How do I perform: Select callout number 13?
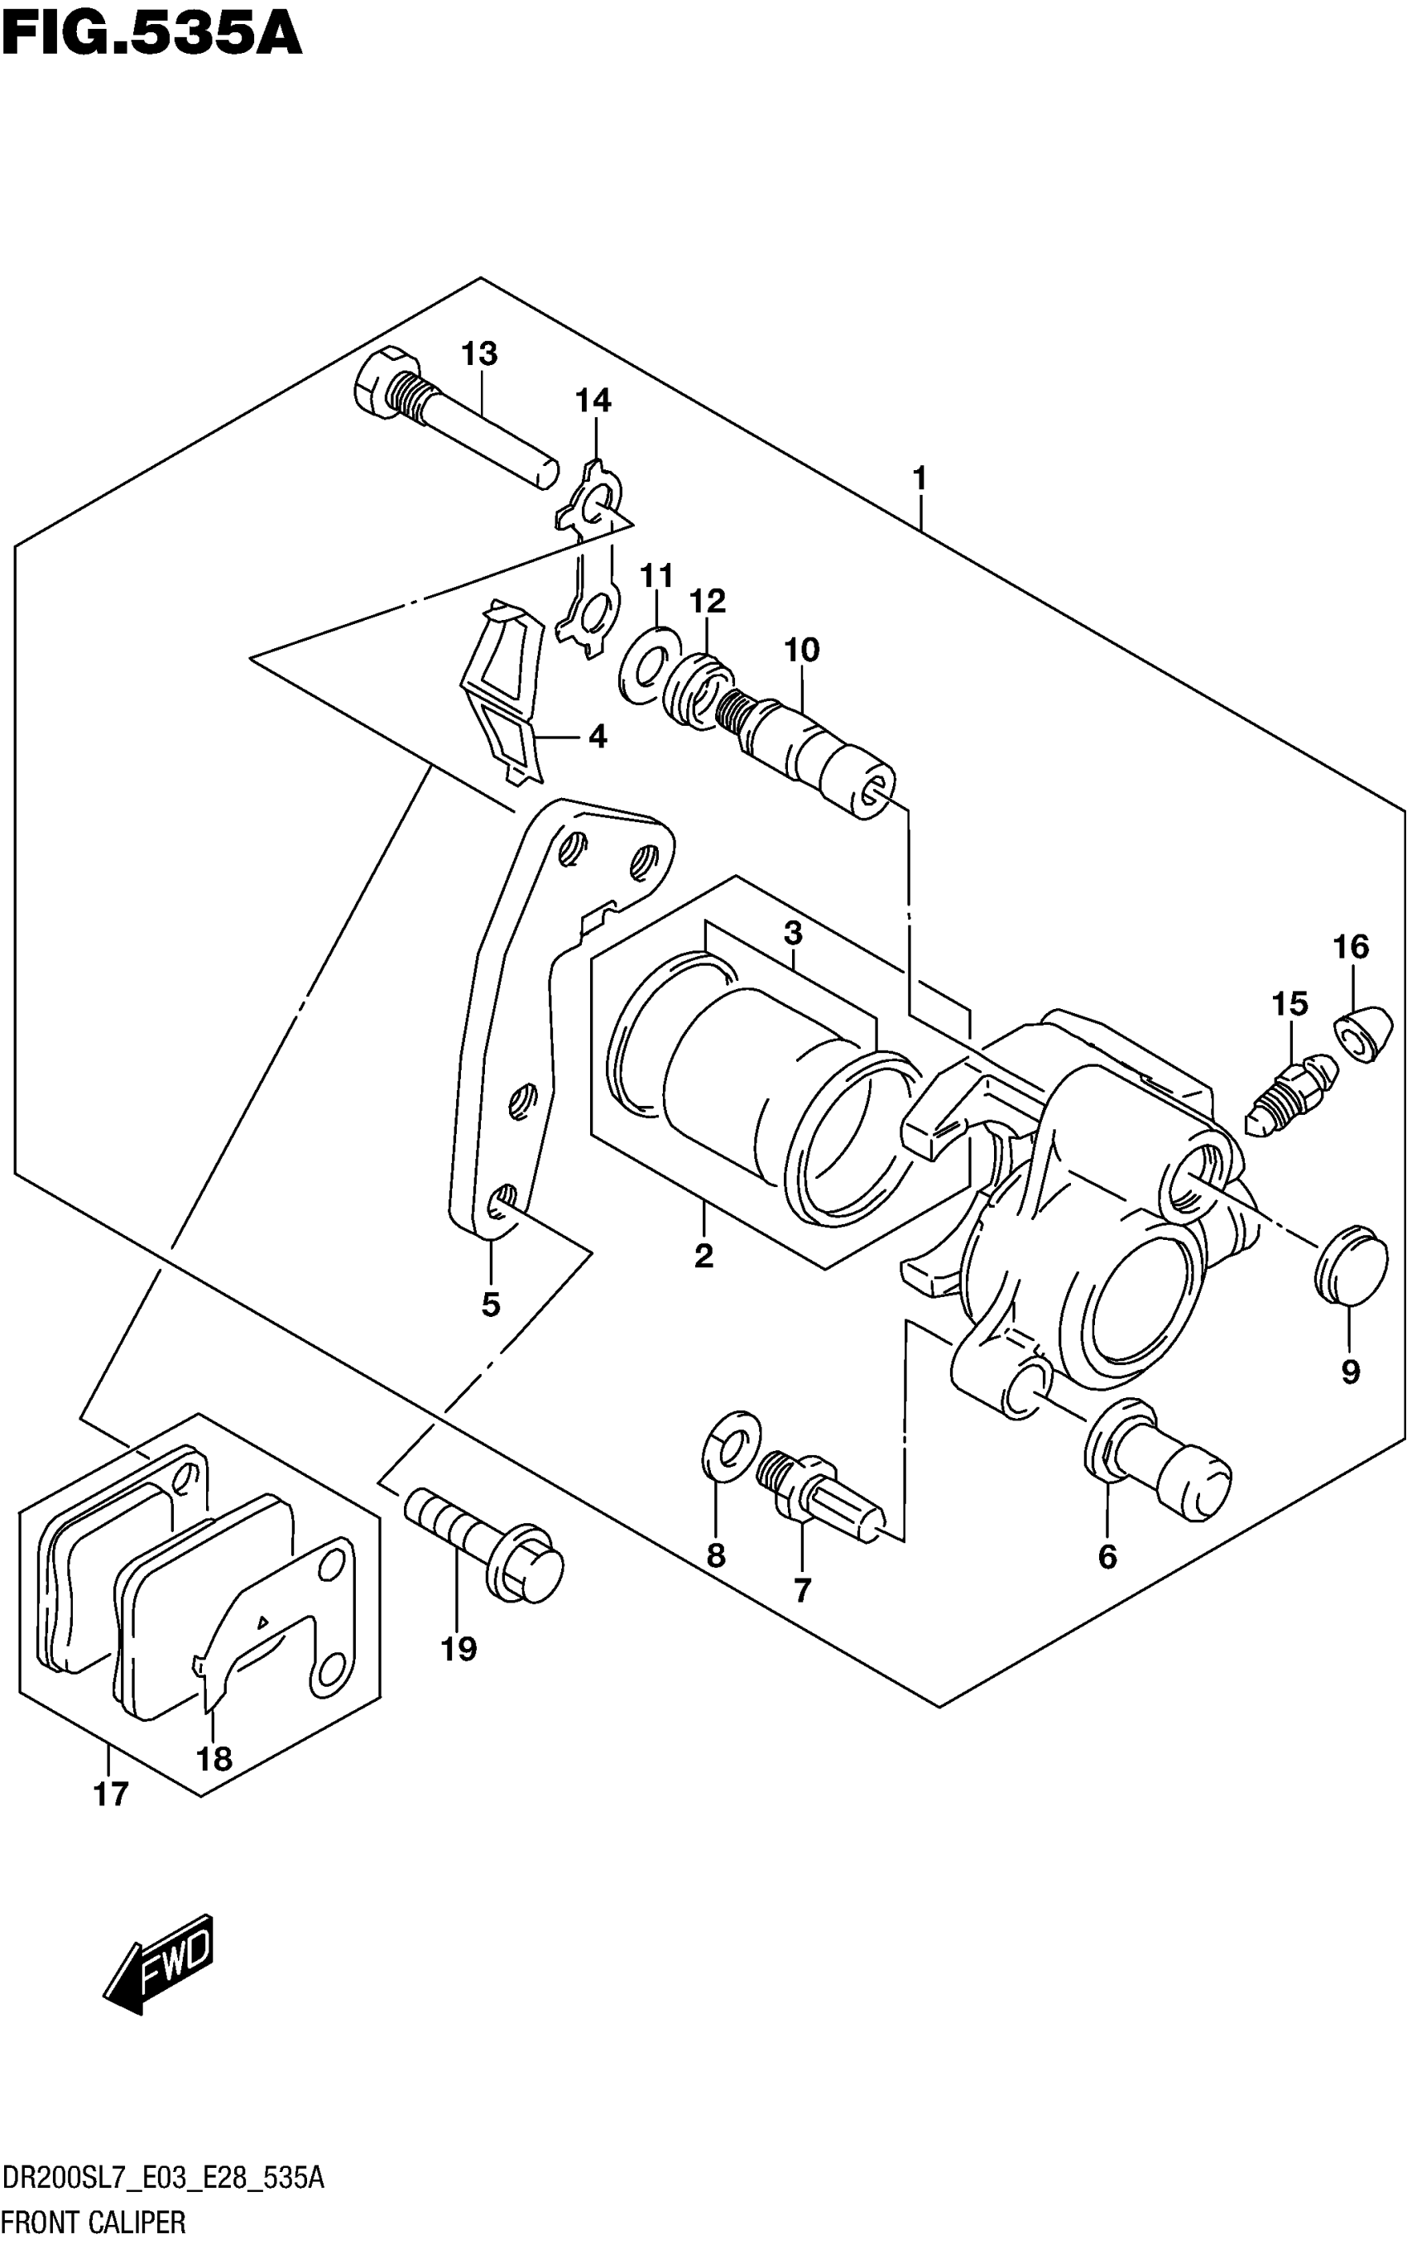point(479,353)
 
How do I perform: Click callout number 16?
point(1352,947)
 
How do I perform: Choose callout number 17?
point(111,1794)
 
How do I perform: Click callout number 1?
point(920,479)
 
